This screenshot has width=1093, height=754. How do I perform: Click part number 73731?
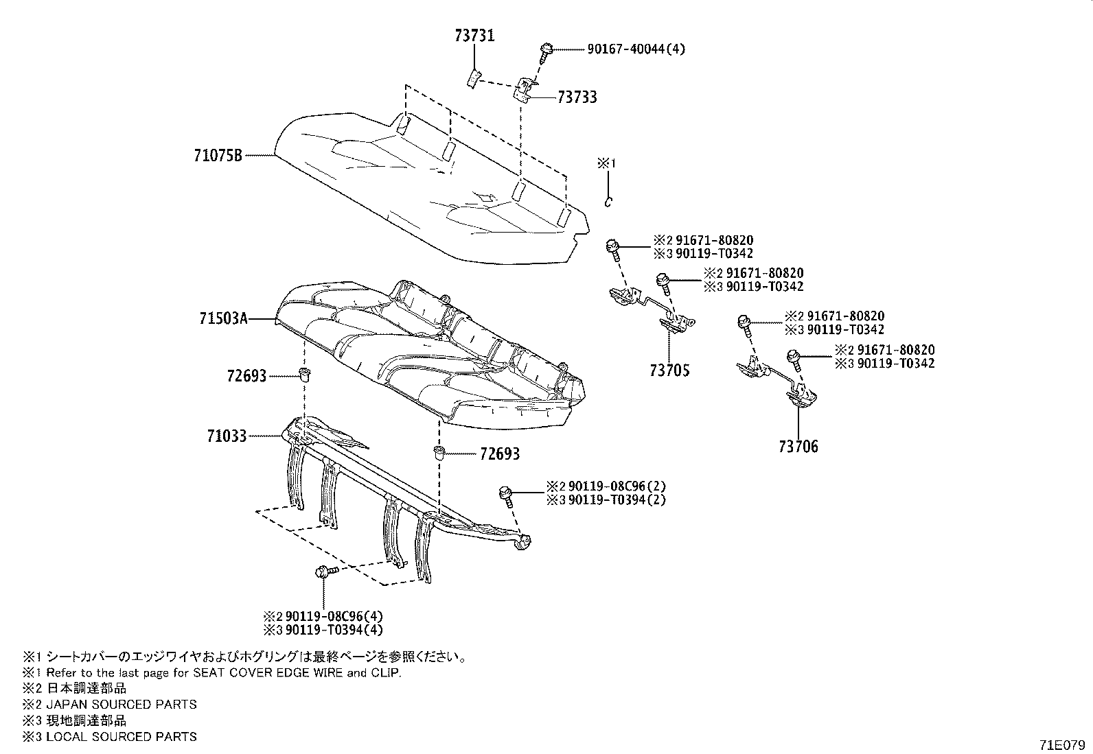point(474,36)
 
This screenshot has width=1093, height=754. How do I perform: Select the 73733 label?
point(577,97)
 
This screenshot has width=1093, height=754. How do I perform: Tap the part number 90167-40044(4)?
point(636,49)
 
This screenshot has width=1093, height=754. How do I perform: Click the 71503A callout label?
point(223,318)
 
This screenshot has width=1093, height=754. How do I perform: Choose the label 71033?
point(226,436)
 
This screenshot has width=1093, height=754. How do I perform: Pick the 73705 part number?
point(669,370)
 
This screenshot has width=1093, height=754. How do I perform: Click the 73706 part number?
point(798,447)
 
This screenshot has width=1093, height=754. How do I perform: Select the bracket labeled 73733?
point(525,89)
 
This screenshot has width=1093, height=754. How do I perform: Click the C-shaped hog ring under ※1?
point(607,201)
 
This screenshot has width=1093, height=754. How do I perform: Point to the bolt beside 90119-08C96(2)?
point(507,493)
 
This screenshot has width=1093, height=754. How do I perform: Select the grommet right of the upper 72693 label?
point(303,374)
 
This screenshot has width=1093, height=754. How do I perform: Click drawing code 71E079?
point(1063,744)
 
